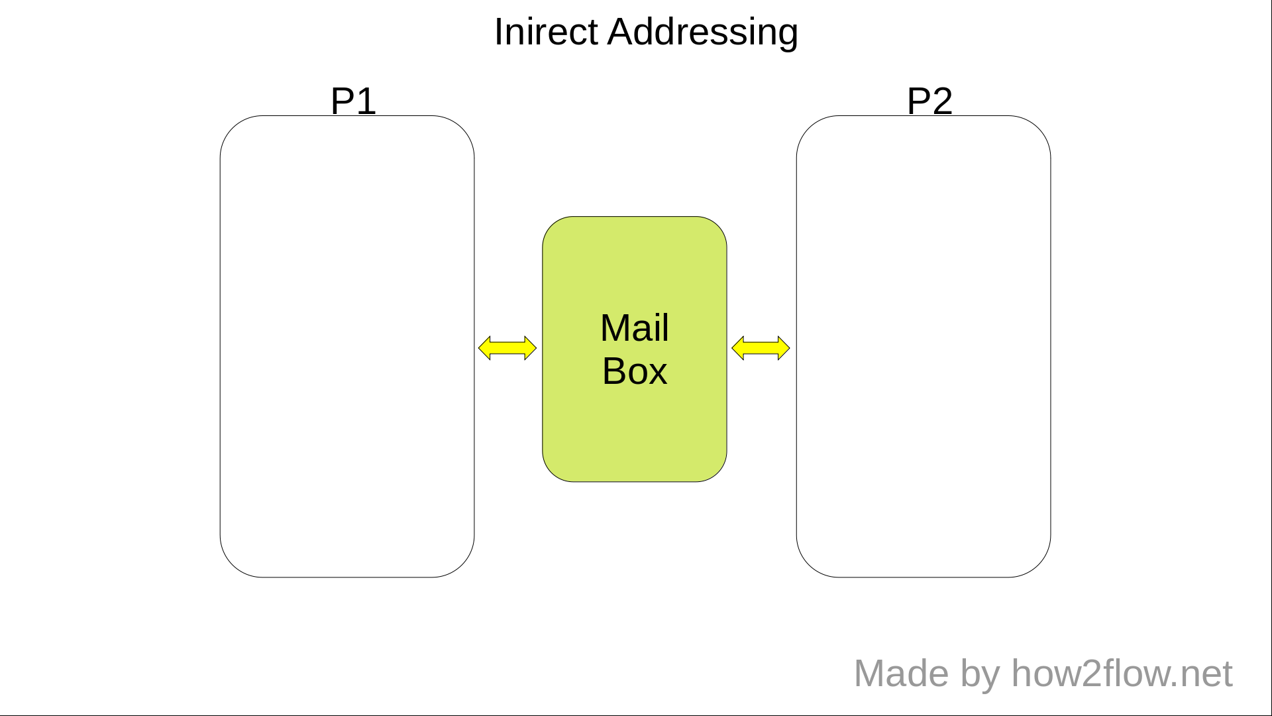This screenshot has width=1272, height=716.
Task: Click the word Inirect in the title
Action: click(x=547, y=32)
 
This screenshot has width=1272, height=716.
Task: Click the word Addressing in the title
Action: click(x=702, y=33)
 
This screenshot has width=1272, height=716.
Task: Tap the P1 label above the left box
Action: click(x=353, y=101)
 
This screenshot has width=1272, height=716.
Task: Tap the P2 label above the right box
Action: click(x=929, y=101)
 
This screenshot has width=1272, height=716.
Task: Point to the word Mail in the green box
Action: click(x=635, y=328)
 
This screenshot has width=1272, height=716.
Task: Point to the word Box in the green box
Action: click(x=635, y=371)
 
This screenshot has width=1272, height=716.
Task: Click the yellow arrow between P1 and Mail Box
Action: click(x=507, y=348)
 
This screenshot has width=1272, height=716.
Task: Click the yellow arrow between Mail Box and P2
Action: click(x=761, y=348)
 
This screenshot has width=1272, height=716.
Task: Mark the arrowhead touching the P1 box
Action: click(x=484, y=348)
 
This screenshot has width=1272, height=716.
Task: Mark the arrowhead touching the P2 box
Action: click(x=783, y=348)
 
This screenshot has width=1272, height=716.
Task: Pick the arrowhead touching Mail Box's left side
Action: click(x=530, y=348)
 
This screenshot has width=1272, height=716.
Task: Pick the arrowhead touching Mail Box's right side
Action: click(x=737, y=348)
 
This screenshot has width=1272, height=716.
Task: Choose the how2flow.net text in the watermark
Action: click(x=1122, y=674)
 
